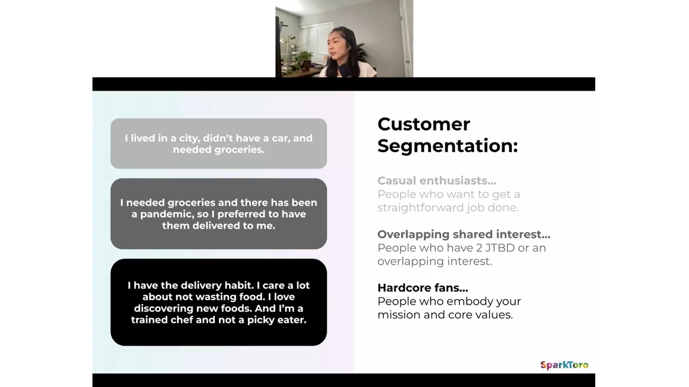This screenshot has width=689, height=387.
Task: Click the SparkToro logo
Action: coord(564,365)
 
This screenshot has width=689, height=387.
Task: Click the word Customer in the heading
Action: coord(423,124)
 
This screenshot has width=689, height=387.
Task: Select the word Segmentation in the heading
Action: coord(447,146)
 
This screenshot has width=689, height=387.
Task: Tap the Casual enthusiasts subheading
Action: coord(437,181)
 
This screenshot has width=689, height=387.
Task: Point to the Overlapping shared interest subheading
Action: coord(464,234)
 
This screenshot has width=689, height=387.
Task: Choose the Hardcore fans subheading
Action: coord(423,288)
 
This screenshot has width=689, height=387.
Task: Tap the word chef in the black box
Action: coord(181,320)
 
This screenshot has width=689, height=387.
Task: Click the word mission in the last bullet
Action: coord(399,315)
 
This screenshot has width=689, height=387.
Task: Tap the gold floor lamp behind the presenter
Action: coord(288,47)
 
